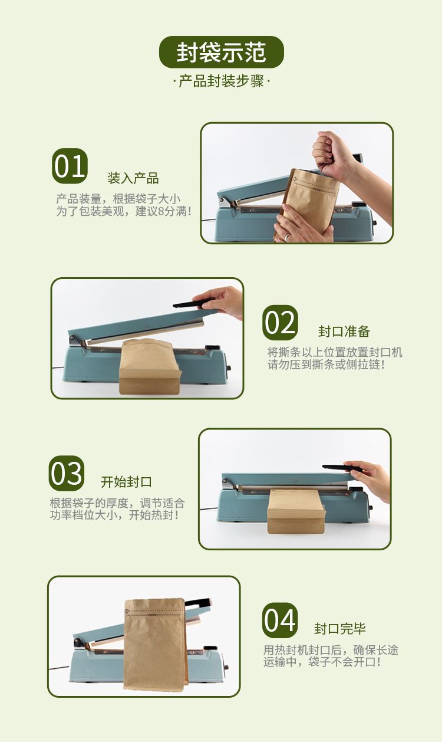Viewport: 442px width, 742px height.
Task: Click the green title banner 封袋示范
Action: (x=221, y=52)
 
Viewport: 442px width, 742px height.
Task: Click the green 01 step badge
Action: (x=70, y=166)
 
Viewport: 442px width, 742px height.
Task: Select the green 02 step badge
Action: (x=280, y=323)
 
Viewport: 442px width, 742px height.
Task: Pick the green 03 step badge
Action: (x=66, y=473)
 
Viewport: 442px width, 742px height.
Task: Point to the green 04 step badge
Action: (x=280, y=620)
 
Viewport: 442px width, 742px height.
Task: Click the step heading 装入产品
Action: (x=133, y=178)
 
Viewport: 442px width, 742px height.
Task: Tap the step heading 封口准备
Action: (x=344, y=331)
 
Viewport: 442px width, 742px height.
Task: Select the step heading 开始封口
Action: (x=126, y=482)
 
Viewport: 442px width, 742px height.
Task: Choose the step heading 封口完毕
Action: (x=340, y=629)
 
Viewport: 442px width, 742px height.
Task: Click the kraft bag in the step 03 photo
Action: (x=296, y=511)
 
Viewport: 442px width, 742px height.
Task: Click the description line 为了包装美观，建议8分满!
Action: (x=124, y=211)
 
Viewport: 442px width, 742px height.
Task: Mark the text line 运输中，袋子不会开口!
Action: (x=322, y=662)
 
